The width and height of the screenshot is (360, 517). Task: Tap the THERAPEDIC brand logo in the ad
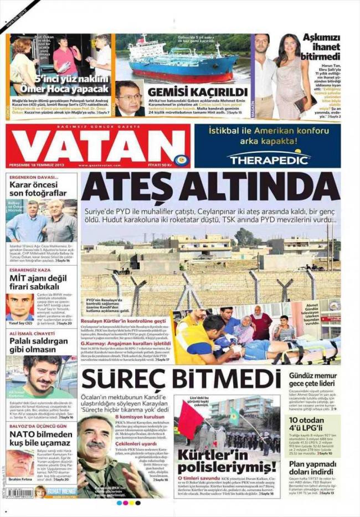(268, 159)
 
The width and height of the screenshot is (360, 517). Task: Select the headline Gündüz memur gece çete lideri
(313, 382)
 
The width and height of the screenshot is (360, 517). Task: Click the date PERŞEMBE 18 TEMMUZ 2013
(37, 165)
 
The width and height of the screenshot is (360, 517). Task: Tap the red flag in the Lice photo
(191, 420)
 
